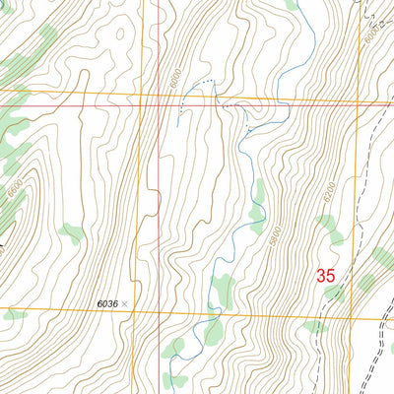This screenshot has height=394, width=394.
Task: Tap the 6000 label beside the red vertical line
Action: click(174, 75)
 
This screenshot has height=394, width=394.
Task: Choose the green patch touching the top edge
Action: click(291, 5)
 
